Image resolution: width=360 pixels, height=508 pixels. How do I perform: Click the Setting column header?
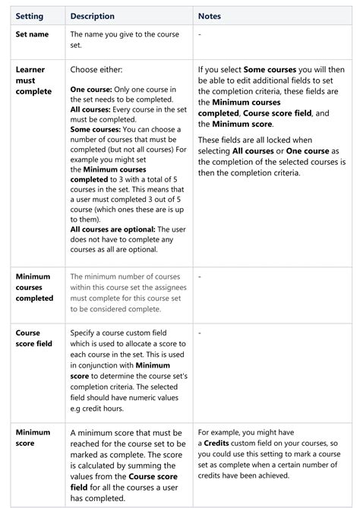click(x=29, y=16)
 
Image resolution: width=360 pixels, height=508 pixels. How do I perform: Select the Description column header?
click(x=92, y=16)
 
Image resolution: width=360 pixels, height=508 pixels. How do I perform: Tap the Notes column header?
click(x=210, y=16)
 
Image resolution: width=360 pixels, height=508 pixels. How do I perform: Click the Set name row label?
click(x=33, y=35)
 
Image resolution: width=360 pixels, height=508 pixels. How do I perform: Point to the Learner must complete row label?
click(x=31, y=80)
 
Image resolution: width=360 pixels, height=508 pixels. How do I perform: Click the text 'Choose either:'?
click(x=96, y=69)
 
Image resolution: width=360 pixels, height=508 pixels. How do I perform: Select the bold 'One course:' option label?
click(x=91, y=90)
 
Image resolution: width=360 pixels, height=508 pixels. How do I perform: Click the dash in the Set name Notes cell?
click(x=199, y=35)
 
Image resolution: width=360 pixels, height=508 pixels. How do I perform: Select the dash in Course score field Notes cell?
click(x=199, y=333)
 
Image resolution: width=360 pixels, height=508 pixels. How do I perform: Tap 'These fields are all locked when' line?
click(x=261, y=140)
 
